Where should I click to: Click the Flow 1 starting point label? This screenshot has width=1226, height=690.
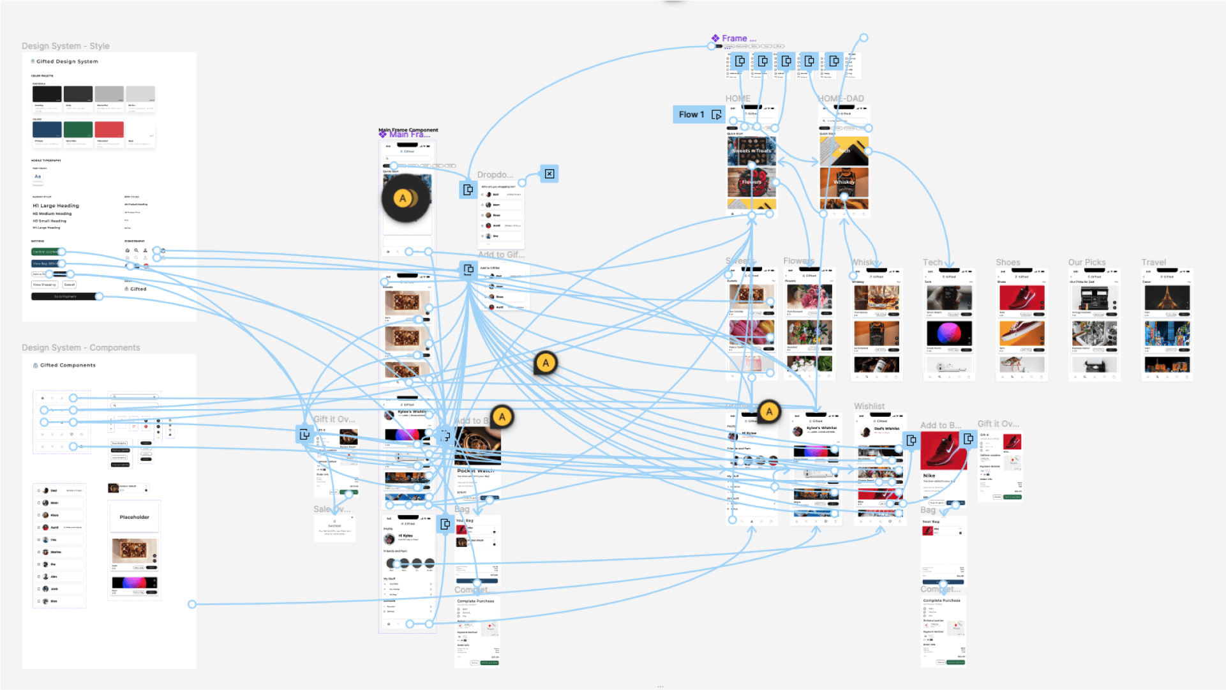[x=692, y=115]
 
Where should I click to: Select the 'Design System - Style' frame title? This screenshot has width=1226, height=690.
[x=66, y=46]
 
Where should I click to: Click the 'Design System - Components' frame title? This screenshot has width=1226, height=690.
[x=81, y=348]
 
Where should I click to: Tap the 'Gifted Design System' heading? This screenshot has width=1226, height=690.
[x=67, y=62]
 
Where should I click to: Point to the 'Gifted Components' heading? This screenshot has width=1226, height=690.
[x=68, y=366]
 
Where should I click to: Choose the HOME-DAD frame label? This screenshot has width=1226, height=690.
[x=841, y=99]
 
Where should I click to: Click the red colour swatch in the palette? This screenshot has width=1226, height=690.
[x=109, y=130]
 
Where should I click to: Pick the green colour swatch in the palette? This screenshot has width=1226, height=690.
[x=78, y=130]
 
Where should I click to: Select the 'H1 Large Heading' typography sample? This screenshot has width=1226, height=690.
[x=56, y=206]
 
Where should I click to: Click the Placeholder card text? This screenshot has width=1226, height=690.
[x=134, y=518]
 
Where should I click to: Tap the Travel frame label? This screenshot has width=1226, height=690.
[x=1153, y=262]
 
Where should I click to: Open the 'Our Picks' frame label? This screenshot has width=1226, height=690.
[x=1086, y=262]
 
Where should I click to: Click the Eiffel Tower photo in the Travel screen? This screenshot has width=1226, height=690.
[x=1167, y=298]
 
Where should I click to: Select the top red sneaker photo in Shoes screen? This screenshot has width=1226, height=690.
[x=1021, y=298]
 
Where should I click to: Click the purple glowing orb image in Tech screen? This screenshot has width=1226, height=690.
[x=949, y=333]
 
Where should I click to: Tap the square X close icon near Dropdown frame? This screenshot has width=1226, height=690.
[x=549, y=174]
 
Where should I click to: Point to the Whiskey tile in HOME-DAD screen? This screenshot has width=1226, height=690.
[x=844, y=183]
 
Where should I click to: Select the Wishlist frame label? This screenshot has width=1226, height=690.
[x=869, y=407]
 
